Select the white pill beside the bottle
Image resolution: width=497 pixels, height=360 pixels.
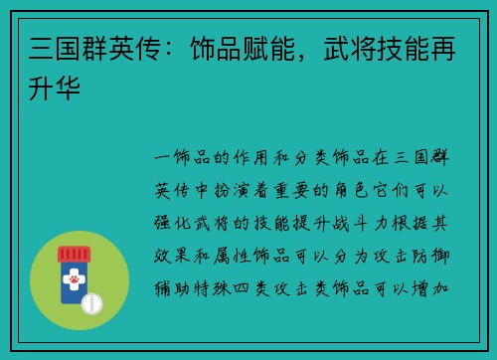[x=92, y=302]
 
